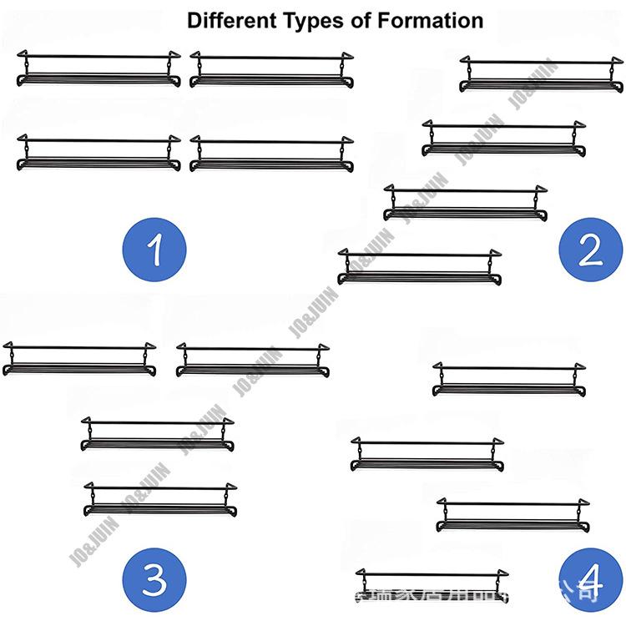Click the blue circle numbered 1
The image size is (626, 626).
[154, 250]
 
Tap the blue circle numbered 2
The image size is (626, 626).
[590, 248]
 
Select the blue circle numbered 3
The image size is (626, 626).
[154, 577]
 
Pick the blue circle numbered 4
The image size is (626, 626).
[591, 578]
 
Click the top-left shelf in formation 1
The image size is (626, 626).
[99, 70]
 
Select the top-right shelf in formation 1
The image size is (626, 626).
[271, 70]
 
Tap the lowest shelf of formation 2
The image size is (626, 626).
[420, 267]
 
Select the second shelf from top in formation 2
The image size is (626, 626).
[503, 139]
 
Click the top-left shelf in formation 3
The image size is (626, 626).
[79, 360]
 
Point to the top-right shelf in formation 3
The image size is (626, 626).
[253, 360]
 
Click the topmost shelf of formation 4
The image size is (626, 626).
[509, 380]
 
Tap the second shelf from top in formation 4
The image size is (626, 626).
[427, 454]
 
